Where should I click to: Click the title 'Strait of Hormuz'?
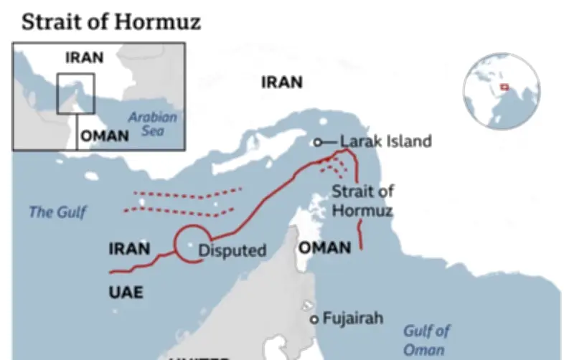click(110, 22)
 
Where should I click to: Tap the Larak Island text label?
click(385, 141)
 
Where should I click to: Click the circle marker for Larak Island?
click(318, 142)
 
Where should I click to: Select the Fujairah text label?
click(352, 318)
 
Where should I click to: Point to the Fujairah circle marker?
click(314, 319)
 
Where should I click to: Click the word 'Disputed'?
click(232, 250)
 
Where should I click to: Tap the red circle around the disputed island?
click(192, 242)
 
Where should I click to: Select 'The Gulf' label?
click(57, 212)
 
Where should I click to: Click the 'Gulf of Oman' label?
click(426, 340)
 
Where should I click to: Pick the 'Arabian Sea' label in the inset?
click(152, 124)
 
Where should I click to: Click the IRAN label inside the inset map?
click(84, 58)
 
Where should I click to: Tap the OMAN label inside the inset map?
click(105, 136)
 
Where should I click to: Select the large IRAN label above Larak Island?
click(281, 82)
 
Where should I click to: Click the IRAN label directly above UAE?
click(129, 250)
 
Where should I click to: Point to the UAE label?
click(126, 292)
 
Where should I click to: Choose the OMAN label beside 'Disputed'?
click(324, 248)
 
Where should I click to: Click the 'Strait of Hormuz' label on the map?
click(362, 201)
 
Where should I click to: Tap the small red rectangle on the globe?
click(504, 87)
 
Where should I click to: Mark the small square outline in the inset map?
click(75, 93)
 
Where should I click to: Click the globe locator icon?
click(501, 90)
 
